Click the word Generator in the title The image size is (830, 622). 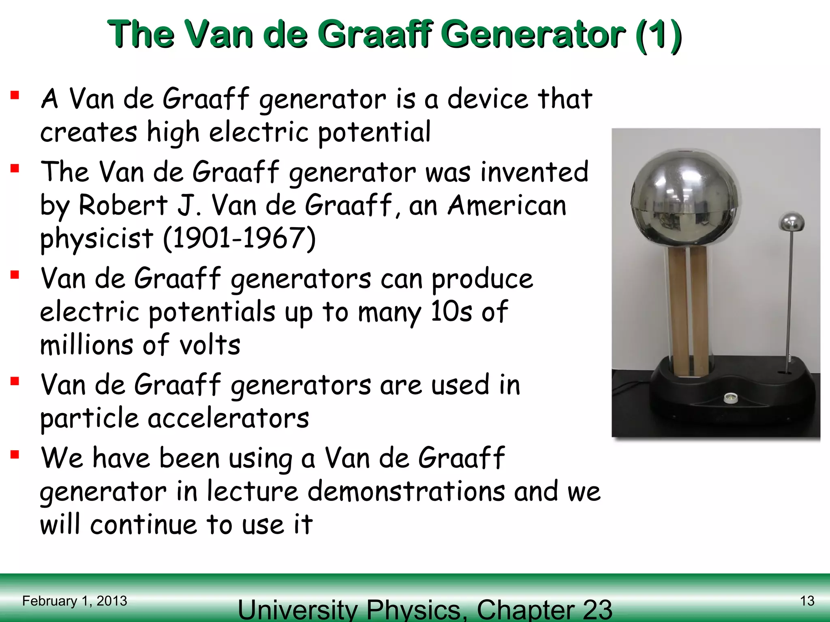[x=535, y=35]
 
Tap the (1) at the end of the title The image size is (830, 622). [x=659, y=36]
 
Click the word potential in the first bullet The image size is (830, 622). [x=374, y=133]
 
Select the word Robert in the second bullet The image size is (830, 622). [x=123, y=205]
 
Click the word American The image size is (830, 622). [x=507, y=205]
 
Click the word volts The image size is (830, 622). [x=210, y=345]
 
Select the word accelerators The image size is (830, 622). [x=228, y=418]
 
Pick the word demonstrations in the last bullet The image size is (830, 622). [x=407, y=492]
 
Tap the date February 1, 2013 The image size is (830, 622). [x=75, y=601]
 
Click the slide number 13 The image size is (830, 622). [x=807, y=601]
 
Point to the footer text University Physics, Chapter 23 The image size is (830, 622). [x=425, y=609]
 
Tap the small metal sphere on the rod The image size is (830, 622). [x=791, y=222]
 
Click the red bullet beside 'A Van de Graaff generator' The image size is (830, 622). [x=15, y=95]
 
